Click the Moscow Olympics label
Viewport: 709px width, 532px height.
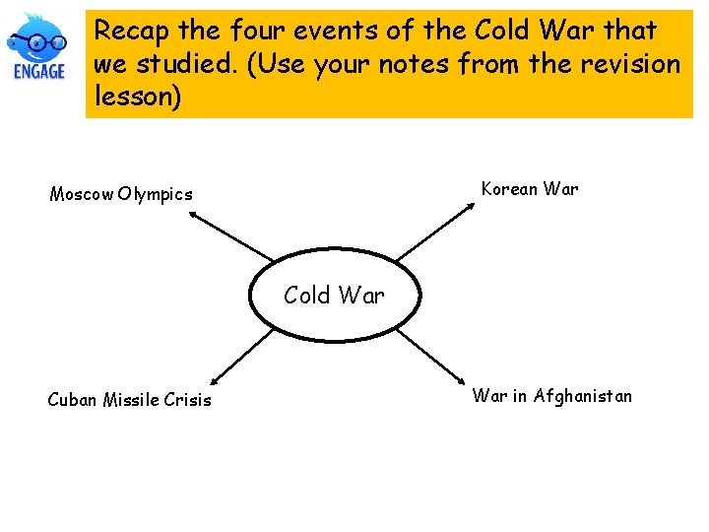click(121, 194)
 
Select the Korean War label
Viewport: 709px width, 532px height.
click(530, 189)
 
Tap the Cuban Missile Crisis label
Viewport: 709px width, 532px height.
click(129, 399)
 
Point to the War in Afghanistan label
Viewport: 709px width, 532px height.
click(551, 396)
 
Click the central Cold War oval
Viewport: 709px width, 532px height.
click(334, 295)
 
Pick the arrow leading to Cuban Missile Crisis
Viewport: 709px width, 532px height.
click(241, 357)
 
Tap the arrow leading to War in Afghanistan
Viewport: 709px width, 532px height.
click(430, 355)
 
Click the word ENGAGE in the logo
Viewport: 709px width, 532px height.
click(39, 71)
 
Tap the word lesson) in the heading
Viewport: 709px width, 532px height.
click(138, 97)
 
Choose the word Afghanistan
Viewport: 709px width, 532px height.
click(583, 396)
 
